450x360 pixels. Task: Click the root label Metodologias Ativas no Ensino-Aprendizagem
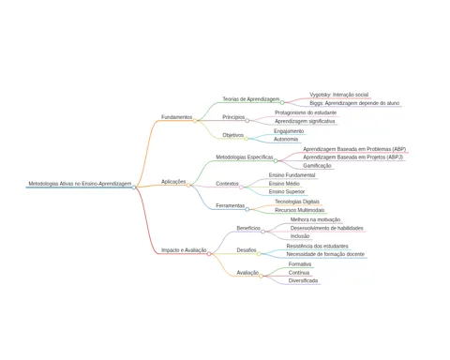(80, 184)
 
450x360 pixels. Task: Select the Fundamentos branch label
(176, 117)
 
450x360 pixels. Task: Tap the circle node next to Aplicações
(188, 186)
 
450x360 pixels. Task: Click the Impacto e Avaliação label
(184, 250)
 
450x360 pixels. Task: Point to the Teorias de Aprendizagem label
(250, 99)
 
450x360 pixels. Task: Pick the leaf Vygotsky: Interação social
(338, 95)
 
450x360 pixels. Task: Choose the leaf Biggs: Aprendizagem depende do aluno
(354, 103)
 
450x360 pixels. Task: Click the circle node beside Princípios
(247, 120)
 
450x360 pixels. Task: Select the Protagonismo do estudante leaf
(306, 112)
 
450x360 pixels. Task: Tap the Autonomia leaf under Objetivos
(286, 139)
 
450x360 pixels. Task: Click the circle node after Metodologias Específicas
(276, 161)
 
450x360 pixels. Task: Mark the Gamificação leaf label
(317, 166)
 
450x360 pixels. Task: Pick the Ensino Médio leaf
(284, 184)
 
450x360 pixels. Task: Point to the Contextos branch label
(227, 184)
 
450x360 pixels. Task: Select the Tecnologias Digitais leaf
(297, 202)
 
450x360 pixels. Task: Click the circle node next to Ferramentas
(247, 209)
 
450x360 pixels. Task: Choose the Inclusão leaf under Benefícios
(300, 236)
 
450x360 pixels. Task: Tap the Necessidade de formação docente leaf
(325, 254)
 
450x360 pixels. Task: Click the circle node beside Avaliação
(261, 276)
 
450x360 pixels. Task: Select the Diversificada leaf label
(303, 280)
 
